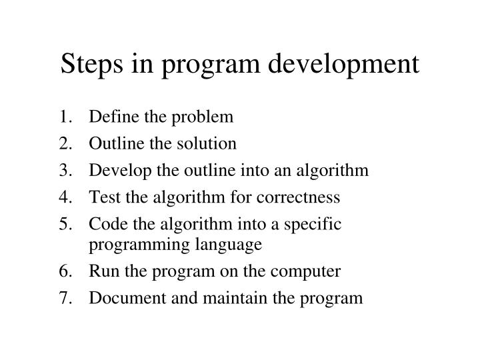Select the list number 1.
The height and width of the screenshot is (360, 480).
64,117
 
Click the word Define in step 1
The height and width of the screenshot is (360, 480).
110,117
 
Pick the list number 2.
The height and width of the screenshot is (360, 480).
64,143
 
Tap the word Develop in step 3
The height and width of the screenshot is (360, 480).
115,171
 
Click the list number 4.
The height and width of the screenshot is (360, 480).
64,197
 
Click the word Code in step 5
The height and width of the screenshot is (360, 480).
103,224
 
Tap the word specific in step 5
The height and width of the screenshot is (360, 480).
317,225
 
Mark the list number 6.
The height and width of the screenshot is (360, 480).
64,271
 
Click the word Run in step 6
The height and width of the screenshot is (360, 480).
101,271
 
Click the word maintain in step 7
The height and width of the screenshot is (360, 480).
219,298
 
